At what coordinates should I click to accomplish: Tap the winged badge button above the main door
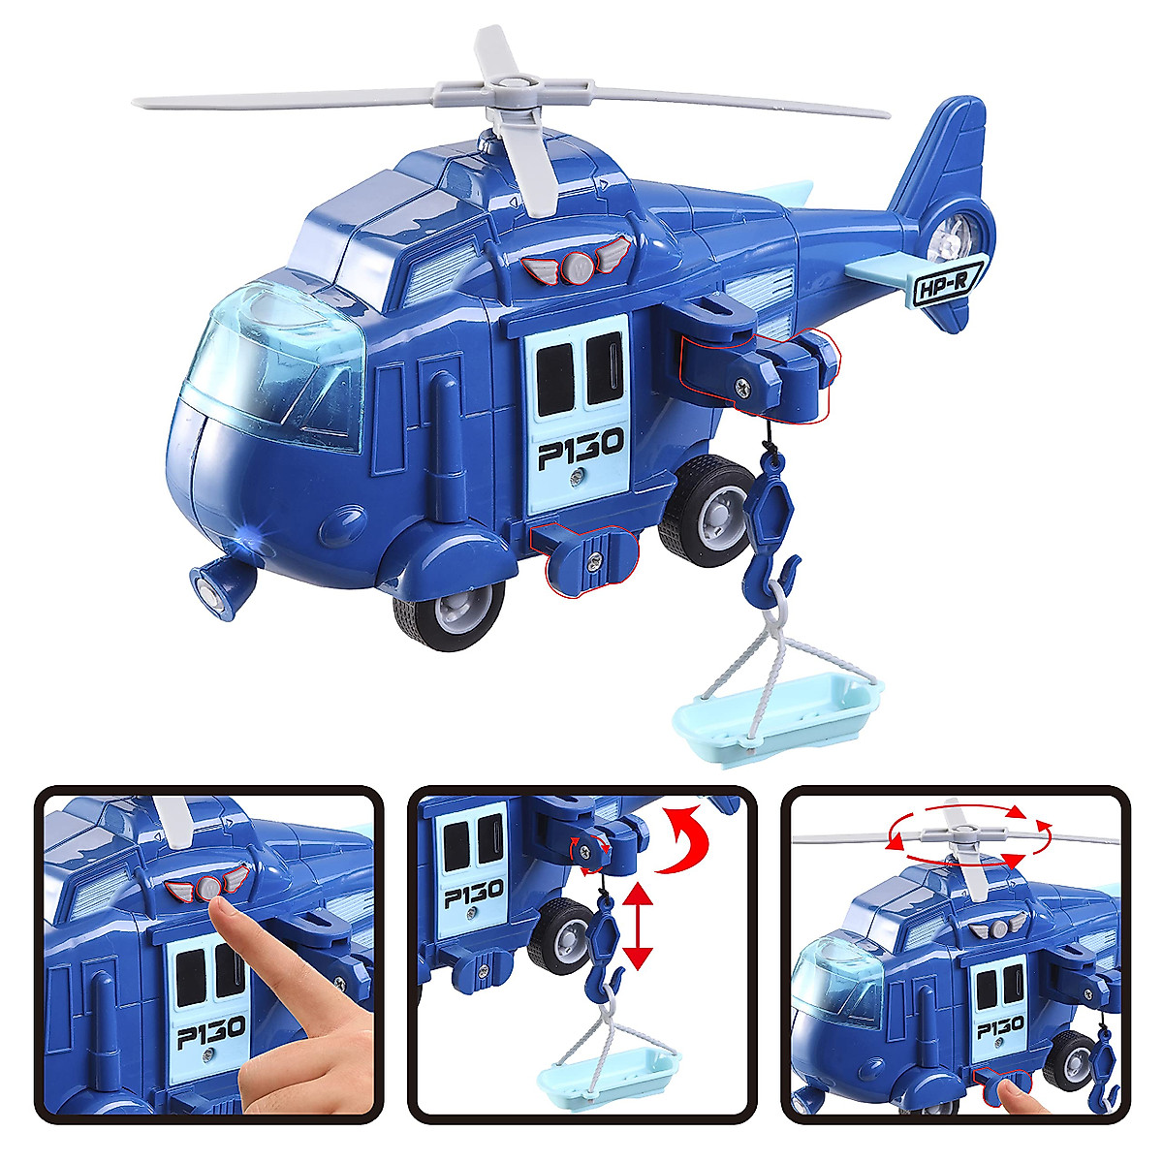click(577, 266)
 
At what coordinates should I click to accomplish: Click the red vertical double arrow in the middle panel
click(637, 925)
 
